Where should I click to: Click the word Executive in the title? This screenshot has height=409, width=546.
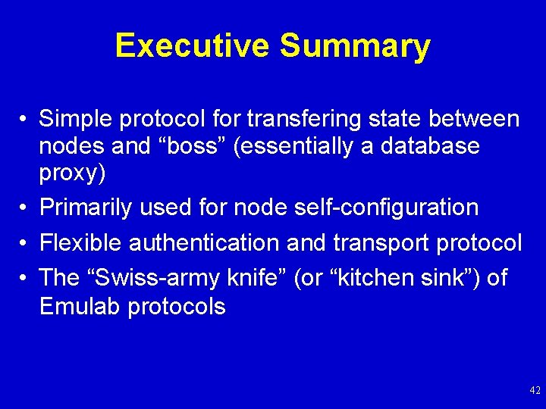pos(193,46)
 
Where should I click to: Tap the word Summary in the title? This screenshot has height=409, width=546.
pos(355,46)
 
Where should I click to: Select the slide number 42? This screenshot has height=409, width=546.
pos(535,391)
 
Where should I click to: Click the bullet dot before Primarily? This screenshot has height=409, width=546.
pos(25,208)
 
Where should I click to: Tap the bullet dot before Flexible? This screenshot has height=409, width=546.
pos(25,243)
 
